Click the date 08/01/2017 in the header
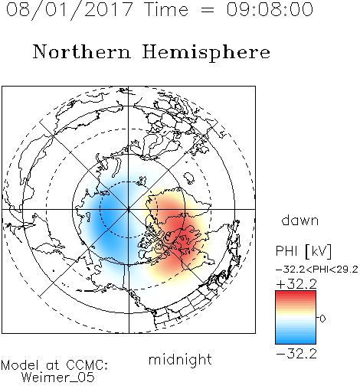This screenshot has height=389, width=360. pyautogui.click(x=70, y=9)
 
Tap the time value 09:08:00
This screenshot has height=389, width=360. pyautogui.click(x=270, y=9)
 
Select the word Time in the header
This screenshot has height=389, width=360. pyautogui.click(x=166, y=9)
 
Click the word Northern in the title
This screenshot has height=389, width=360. pyautogui.click(x=82, y=51)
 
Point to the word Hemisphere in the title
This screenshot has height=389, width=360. pyautogui.click(x=206, y=53)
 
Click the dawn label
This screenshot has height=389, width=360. pyautogui.click(x=300, y=220)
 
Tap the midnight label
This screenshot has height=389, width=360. pyautogui.click(x=180, y=359)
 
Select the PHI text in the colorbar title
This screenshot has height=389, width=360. pyautogui.click(x=286, y=250)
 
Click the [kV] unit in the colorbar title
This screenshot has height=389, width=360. pyautogui.click(x=319, y=251)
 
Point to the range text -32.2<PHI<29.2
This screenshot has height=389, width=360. pyautogui.click(x=317, y=270)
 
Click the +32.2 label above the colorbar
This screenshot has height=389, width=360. pyautogui.click(x=296, y=284)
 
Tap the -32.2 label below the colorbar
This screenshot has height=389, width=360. pyautogui.click(x=296, y=354)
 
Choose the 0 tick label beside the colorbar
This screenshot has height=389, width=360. pyautogui.click(x=322, y=319)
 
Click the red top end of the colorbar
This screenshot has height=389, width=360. pyautogui.click(x=296, y=293)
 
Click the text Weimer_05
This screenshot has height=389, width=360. pyautogui.click(x=58, y=378)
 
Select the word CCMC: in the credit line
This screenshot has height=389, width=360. pyautogui.click(x=87, y=365)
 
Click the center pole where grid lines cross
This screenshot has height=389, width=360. pyautogui.click(x=129, y=209)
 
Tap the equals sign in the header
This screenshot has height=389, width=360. pyautogui.click(x=208, y=10)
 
